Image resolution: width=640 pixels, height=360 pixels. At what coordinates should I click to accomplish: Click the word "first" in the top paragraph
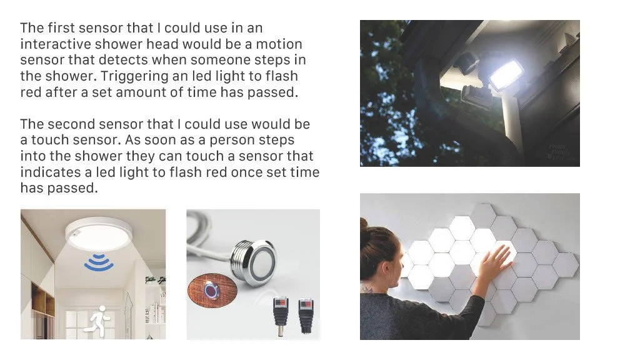[x=61, y=27]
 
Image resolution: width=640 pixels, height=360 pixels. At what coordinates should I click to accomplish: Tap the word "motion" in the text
[x=279, y=44]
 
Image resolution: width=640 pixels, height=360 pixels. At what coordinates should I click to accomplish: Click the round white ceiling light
[x=99, y=234]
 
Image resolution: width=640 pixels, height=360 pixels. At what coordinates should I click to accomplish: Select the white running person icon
[x=99, y=321]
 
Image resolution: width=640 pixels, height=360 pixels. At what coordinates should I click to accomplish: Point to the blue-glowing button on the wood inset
[x=211, y=290]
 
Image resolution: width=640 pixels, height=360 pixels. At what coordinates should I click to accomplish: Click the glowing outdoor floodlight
[x=505, y=75]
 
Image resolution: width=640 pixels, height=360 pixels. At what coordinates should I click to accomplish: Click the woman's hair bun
[x=364, y=224]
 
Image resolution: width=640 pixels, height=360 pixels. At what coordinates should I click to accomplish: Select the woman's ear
[x=385, y=267]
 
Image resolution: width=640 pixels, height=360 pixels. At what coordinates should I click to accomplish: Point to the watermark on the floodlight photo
[x=561, y=151]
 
